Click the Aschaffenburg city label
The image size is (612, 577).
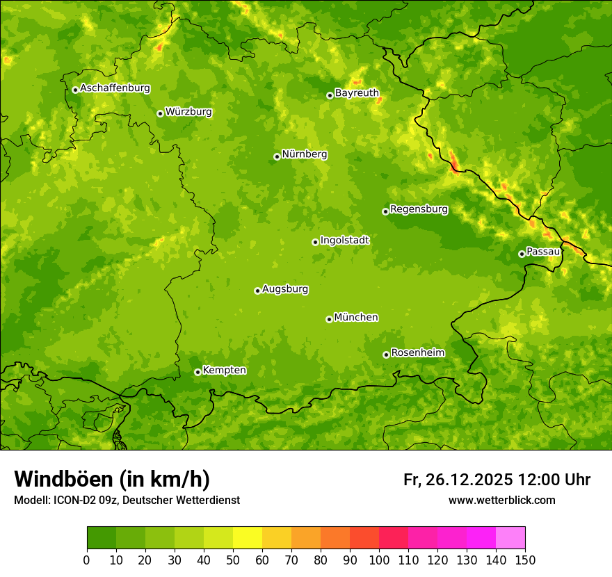coord(115,88)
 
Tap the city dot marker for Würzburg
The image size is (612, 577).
coord(160,113)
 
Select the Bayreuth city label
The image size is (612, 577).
coord(357,93)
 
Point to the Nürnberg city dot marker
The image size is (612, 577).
coord(277,156)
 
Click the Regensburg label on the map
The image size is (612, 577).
coord(419,209)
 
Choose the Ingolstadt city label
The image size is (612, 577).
coord(344,241)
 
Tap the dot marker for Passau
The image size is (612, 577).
coord(522,254)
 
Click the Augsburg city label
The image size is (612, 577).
coord(285,289)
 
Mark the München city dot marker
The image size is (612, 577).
coord(329,319)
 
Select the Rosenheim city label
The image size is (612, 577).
coord(417,353)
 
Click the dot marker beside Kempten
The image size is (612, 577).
coord(198,372)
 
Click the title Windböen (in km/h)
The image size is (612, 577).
coord(112,479)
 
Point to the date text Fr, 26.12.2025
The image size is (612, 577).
coord(458,480)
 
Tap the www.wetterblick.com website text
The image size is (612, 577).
coord(501,500)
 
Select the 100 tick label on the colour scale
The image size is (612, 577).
coord(379,560)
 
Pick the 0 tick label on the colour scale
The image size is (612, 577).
coord(87,560)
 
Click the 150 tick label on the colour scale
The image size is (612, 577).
coord(525,560)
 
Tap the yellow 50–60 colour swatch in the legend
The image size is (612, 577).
coord(248,538)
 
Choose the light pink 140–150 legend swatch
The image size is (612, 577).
coord(510,538)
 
